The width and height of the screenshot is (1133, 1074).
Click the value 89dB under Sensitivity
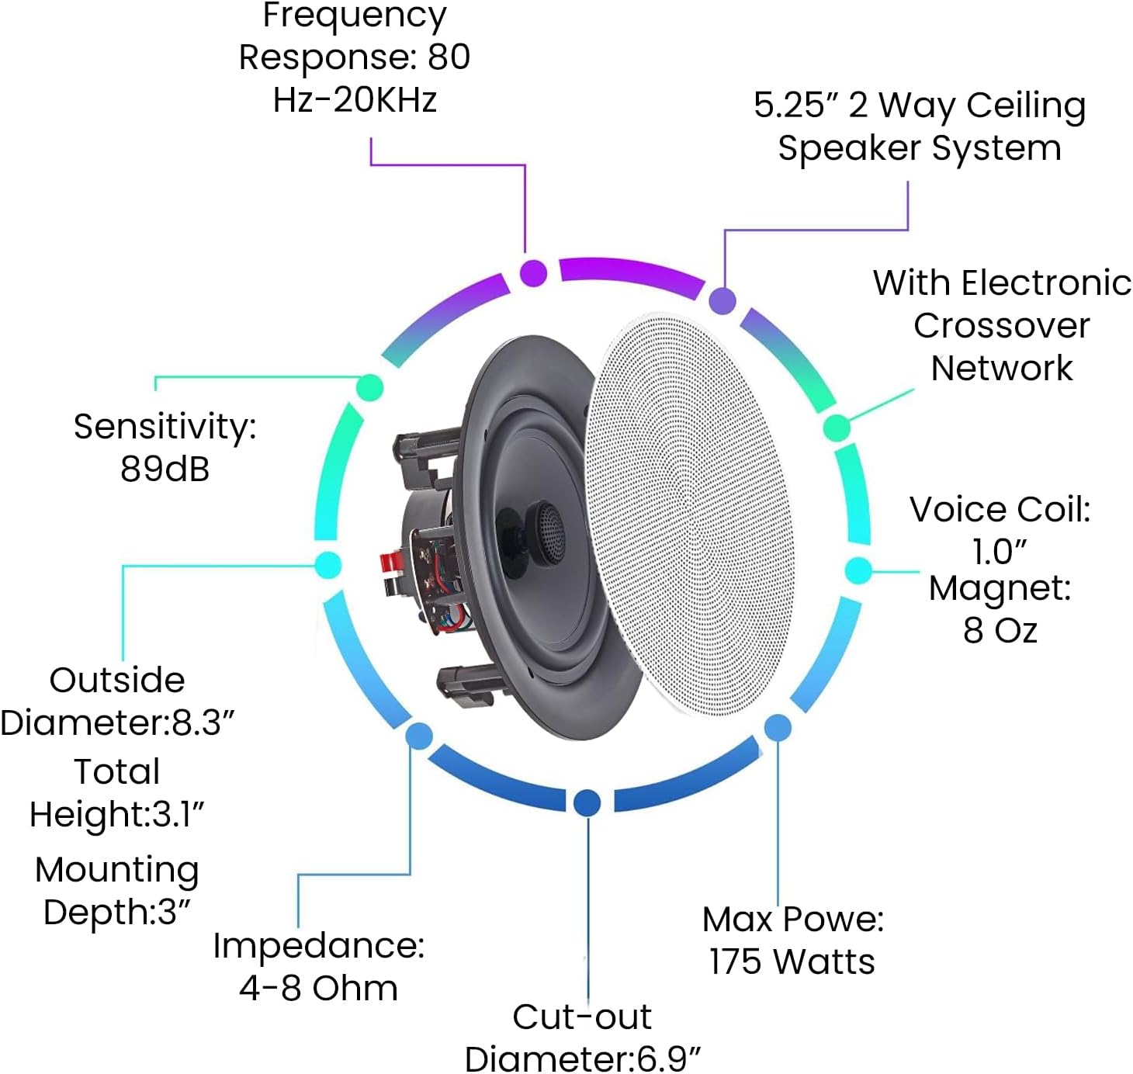click(165, 469)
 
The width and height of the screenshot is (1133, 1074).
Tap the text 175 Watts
click(792, 961)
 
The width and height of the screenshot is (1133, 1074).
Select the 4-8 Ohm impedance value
click(318, 988)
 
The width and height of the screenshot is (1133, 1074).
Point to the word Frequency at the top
click(355, 16)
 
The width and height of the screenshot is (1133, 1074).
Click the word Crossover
click(1001, 326)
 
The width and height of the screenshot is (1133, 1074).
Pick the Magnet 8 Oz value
click(1000, 630)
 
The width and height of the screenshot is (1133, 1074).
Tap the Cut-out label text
click(582, 1017)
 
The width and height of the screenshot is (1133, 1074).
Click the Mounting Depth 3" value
click(116, 912)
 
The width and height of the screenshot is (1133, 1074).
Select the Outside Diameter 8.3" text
click(116, 722)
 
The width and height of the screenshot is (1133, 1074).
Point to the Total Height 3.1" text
click(116, 813)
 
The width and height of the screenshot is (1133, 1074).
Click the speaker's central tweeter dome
click(548, 532)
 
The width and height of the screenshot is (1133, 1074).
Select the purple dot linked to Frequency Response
click(533, 273)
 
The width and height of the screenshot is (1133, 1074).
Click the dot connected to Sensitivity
click(370, 387)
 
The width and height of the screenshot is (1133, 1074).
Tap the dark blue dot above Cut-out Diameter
click(587, 802)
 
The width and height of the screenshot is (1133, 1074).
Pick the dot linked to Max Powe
click(778, 727)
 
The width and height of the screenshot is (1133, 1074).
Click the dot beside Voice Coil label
click(858, 570)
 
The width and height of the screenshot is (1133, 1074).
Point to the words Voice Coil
click(1000, 510)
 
